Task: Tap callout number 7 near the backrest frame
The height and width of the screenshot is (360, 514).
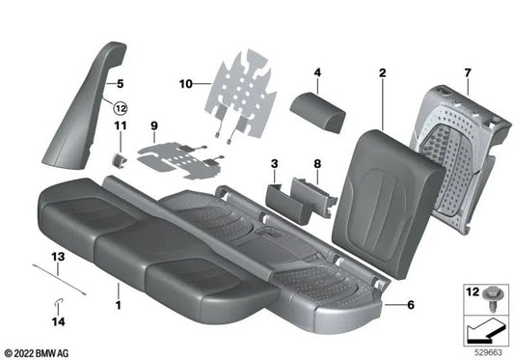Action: click(467, 73)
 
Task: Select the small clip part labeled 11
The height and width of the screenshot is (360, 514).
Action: click(121, 152)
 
